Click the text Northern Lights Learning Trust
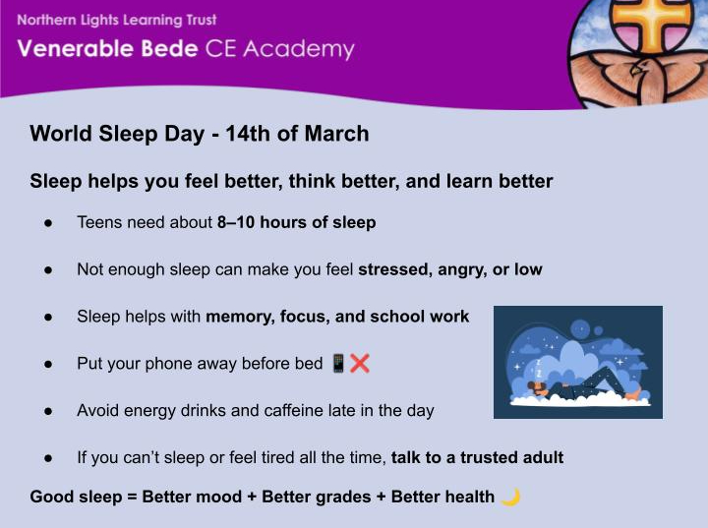pyautogui.click(x=116, y=20)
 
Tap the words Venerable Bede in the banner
pyautogui.click(x=99, y=50)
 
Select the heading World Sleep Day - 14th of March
pyautogui.click(x=200, y=134)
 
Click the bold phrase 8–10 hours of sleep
pyautogui.click(x=296, y=222)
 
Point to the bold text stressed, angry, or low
pyautogui.click(x=449, y=269)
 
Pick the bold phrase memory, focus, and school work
pyautogui.click(x=337, y=317)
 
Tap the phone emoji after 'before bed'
pyautogui.click(x=338, y=364)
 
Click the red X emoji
pyautogui.click(x=360, y=364)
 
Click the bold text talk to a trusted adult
pyautogui.click(x=477, y=458)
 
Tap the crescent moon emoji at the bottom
pyautogui.click(x=510, y=497)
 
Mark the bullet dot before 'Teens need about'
pyautogui.click(x=46, y=223)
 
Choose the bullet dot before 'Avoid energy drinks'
pyautogui.click(x=46, y=411)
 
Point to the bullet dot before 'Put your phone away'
pyautogui.click(x=46, y=364)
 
